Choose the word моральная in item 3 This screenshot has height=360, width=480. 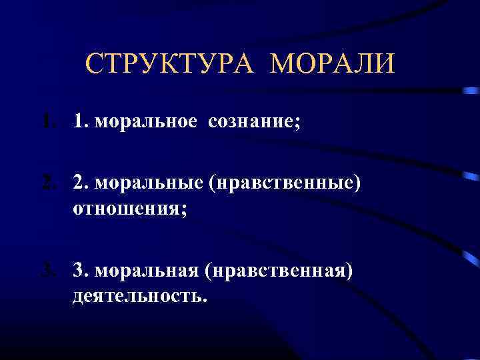145,271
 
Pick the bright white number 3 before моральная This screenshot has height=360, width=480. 81,271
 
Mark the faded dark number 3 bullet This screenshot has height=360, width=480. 45,271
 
